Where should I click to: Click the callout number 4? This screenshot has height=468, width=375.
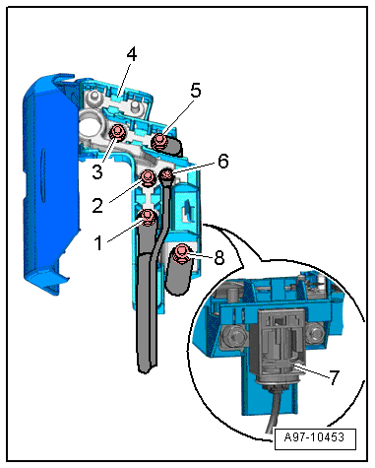[131, 54]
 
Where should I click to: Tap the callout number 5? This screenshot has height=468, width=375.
[196, 90]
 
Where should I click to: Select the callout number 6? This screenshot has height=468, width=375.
[223, 162]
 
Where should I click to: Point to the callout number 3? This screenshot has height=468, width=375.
[97, 171]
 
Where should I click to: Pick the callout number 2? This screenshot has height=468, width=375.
[97, 206]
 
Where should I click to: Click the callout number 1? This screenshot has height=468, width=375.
[98, 243]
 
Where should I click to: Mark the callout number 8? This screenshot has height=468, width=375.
[219, 257]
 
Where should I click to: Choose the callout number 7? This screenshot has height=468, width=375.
[334, 377]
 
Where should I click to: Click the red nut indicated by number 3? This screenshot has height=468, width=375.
[116, 133]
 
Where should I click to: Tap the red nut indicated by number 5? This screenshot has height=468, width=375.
[159, 141]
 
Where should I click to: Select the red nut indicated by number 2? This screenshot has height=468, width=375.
[148, 177]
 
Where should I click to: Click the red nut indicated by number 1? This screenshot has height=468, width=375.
[148, 217]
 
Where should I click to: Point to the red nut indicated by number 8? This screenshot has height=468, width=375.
[181, 253]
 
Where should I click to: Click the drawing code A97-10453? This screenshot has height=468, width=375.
[314, 437]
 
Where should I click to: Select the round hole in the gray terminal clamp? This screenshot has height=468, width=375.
[91, 122]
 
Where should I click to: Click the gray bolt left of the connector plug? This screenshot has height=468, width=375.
[234, 337]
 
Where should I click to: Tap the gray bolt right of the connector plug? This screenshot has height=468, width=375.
[315, 334]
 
